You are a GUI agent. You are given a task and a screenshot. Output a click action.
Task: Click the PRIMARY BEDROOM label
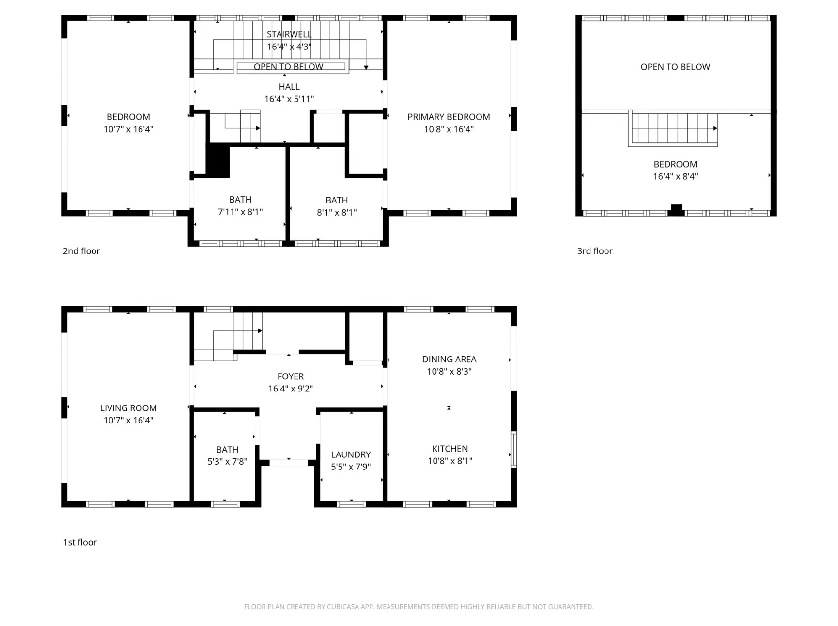click(448, 117)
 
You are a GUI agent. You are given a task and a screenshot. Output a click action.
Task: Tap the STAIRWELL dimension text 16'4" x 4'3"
click(289, 47)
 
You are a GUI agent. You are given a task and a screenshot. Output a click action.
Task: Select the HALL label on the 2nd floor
click(289, 87)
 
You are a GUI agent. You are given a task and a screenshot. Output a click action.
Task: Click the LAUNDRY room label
click(351, 454)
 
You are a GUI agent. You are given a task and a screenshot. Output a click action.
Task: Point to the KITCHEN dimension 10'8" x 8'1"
click(450, 461)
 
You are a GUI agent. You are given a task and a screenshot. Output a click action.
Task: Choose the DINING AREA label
click(449, 359)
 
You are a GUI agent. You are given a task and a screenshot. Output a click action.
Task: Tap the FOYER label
click(291, 376)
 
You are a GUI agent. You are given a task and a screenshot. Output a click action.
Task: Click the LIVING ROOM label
click(128, 408)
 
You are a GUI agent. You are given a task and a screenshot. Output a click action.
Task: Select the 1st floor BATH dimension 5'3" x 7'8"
click(227, 462)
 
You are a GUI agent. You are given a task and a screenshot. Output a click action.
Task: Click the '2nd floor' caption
click(81, 251)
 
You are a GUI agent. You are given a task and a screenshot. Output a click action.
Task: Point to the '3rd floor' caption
click(594, 251)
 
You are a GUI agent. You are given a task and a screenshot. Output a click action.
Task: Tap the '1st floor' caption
click(80, 542)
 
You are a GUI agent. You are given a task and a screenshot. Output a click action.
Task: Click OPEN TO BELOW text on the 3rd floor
click(675, 67)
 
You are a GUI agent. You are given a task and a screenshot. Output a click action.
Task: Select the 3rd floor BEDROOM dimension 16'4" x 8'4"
click(675, 176)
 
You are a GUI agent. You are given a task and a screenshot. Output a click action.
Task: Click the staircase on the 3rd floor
click(673, 129)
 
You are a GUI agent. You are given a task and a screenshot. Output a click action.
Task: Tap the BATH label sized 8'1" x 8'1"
click(337, 200)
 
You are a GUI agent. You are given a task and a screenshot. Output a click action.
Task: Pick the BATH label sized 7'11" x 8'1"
click(240, 200)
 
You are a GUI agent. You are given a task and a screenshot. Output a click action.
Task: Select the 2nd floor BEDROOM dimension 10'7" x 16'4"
click(128, 129)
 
